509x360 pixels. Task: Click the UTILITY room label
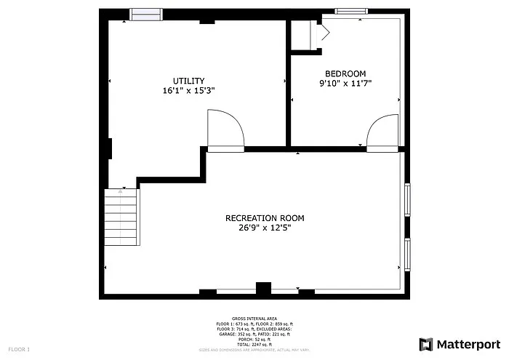point(188,81)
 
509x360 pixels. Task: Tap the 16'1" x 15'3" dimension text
point(188,91)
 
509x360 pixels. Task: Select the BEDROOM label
point(345,73)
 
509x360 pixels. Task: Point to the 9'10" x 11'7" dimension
point(345,84)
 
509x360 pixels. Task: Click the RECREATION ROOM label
point(265,218)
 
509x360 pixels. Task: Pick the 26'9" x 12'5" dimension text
point(265,228)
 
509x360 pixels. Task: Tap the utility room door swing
point(225,129)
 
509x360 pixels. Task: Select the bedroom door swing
point(382,132)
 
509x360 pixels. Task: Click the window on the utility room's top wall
point(145,14)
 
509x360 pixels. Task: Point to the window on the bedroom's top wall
point(350,11)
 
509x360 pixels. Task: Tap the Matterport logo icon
point(425,344)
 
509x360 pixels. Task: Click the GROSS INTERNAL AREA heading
point(254,319)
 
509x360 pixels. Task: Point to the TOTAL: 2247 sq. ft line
point(254,344)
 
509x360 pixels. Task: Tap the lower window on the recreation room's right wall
point(408,253)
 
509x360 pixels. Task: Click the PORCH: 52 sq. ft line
point(254,339)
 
